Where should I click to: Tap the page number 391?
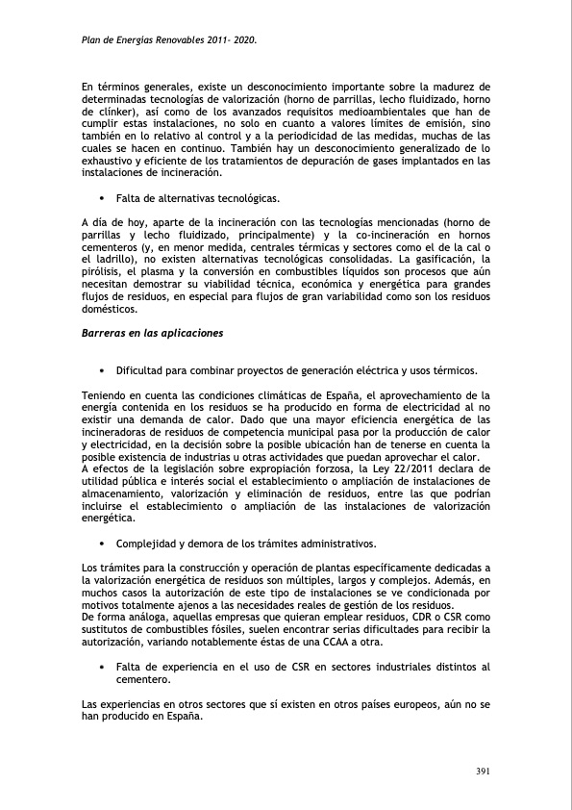click(x=484, y=771)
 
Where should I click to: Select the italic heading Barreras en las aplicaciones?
click(x=153, y=333)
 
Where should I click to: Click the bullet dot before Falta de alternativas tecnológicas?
click(x=101, y=198)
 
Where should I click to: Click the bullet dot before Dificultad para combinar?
click(x=101, y=370)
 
